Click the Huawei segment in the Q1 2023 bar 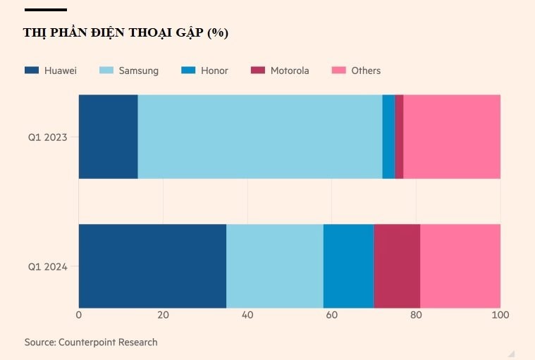[108, 137]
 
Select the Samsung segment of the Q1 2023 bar [259, 137]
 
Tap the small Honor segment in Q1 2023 [388, 137]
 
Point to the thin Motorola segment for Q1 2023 [399, 137]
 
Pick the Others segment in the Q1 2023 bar [452, 137]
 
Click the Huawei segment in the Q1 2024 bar [152, 266]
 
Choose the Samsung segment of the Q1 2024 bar [274, 266]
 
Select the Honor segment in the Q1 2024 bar [348, 266]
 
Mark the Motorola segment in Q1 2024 [397, 266]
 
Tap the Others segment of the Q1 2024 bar [460, 266]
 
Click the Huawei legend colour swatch [32, 70]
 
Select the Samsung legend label [138, 70]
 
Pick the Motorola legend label [290, 70]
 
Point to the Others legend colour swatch [339, 70]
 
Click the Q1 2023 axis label [47, 137]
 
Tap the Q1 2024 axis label [47, 267]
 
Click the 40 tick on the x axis [247, 315]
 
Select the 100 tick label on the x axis [500, 315]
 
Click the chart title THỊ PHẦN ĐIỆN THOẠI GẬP [125, 33]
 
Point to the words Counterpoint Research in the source [108, 342]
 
